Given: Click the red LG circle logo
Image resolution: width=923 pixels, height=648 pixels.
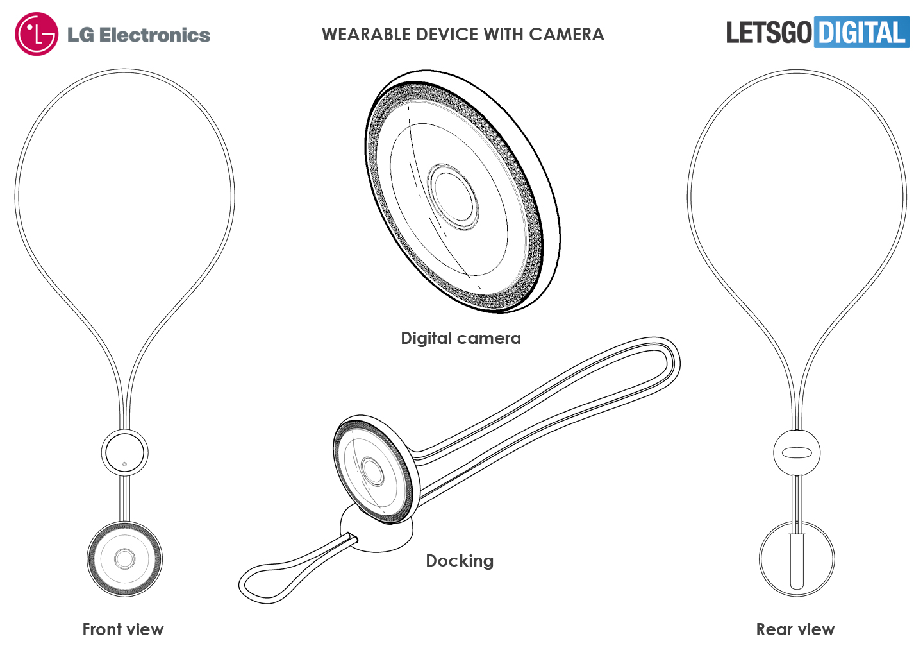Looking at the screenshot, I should coord(37,34).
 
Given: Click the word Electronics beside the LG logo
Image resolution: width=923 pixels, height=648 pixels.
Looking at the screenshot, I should coord(155,35).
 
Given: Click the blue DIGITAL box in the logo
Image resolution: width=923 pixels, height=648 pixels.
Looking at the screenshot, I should coord(861,32).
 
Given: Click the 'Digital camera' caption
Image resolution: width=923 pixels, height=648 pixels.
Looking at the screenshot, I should coord(460,338).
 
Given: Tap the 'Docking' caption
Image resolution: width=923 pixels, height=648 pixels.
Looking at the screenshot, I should coord(460,561).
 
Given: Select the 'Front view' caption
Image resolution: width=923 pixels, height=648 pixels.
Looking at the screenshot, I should coord(123,629).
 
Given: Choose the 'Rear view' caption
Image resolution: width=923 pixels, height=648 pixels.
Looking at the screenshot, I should coord(795,629).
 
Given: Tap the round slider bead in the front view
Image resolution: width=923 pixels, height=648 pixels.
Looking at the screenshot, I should coord(124,452).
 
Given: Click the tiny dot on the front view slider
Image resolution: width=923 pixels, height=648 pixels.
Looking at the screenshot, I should coord(124,464).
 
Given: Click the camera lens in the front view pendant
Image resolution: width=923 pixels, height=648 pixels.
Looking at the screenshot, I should coord(124,559).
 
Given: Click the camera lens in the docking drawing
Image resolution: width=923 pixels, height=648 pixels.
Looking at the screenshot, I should coord(372,470).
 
